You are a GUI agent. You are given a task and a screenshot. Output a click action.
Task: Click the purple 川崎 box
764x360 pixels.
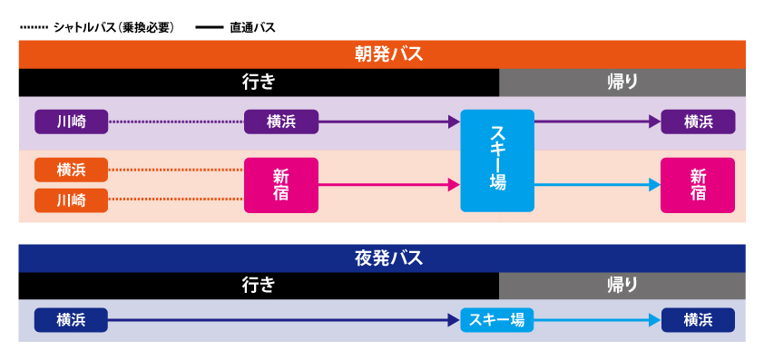click(71, 122)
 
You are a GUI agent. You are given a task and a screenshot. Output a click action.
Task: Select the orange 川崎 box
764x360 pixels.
click(71, 199)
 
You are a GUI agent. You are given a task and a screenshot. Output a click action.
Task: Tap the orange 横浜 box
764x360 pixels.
click(71, 170)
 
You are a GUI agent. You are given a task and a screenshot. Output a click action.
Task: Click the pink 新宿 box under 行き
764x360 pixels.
click(281, 185)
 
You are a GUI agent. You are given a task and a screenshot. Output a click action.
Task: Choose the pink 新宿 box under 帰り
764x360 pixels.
click(697, 185)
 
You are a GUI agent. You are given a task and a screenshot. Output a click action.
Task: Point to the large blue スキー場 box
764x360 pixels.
click(497, 161)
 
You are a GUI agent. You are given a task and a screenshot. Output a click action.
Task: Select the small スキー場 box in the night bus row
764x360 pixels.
click(497, 320)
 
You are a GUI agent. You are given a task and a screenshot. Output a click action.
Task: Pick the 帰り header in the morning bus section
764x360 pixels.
click(622, 82)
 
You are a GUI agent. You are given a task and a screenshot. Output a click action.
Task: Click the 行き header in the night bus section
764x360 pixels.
click(259, 286)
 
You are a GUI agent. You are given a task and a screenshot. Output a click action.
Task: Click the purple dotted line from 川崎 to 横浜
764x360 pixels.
click(176, 122)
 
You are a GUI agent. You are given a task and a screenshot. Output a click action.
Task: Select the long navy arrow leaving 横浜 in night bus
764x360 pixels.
click(281, 320)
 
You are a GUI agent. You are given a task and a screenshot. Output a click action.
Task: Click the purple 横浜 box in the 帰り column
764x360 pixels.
click(697, 122)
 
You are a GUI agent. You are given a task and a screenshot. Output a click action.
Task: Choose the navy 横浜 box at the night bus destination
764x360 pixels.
click(697, 320)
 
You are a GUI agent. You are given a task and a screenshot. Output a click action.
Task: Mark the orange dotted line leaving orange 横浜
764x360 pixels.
click(176, 170)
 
